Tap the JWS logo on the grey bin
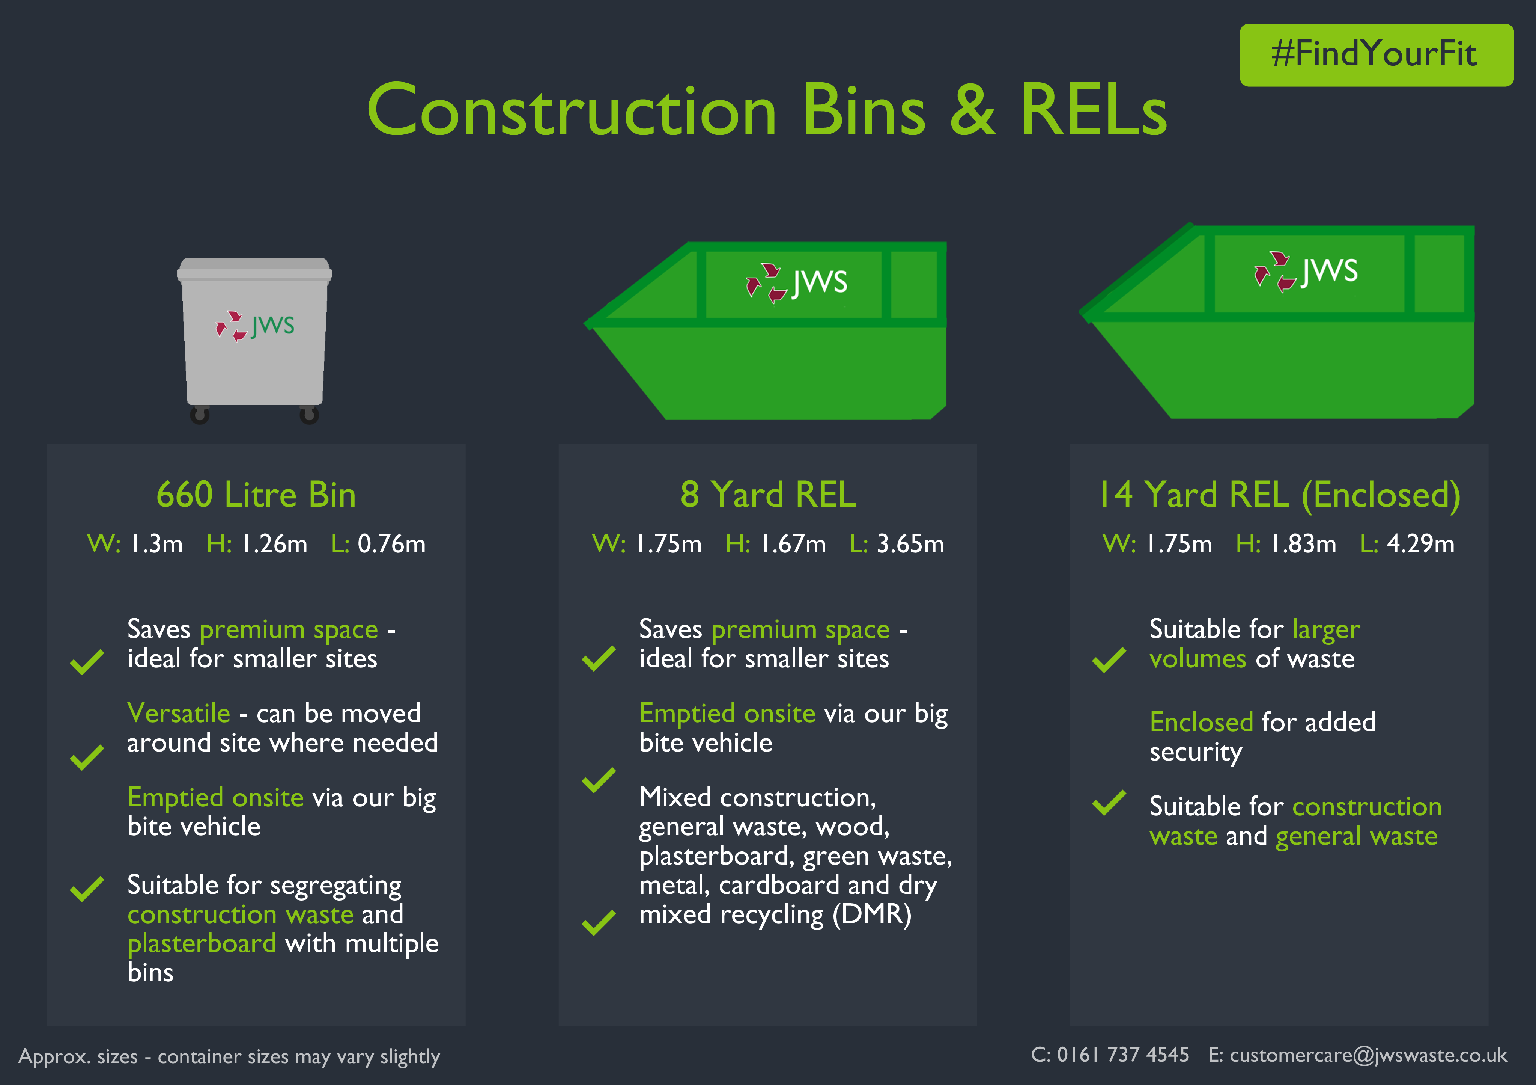point(255,326)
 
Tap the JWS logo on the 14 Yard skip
point(1306,271)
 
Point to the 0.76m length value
point(391,544)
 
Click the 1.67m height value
point(793,544)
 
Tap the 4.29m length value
point(1420,544)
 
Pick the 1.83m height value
point(1303,544)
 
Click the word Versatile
point(179,714)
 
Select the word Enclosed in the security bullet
point(1201,722)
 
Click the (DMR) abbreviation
point(872,915)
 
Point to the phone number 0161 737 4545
point(1122,1055)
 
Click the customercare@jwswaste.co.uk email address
point(1368,1056)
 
